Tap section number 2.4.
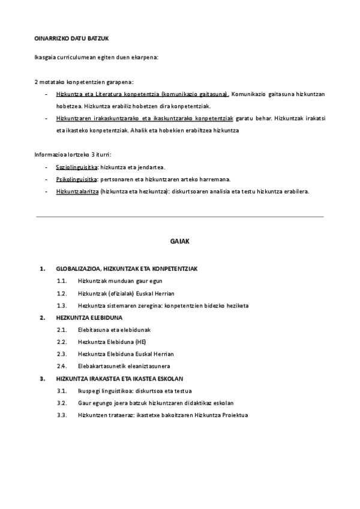coord(62,366)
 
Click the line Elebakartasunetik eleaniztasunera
coord(124,366)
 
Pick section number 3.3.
coord(62,415)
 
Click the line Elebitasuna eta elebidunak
coord(114,330)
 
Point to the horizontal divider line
coord(179,216)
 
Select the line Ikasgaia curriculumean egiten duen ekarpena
coord(97,57)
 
